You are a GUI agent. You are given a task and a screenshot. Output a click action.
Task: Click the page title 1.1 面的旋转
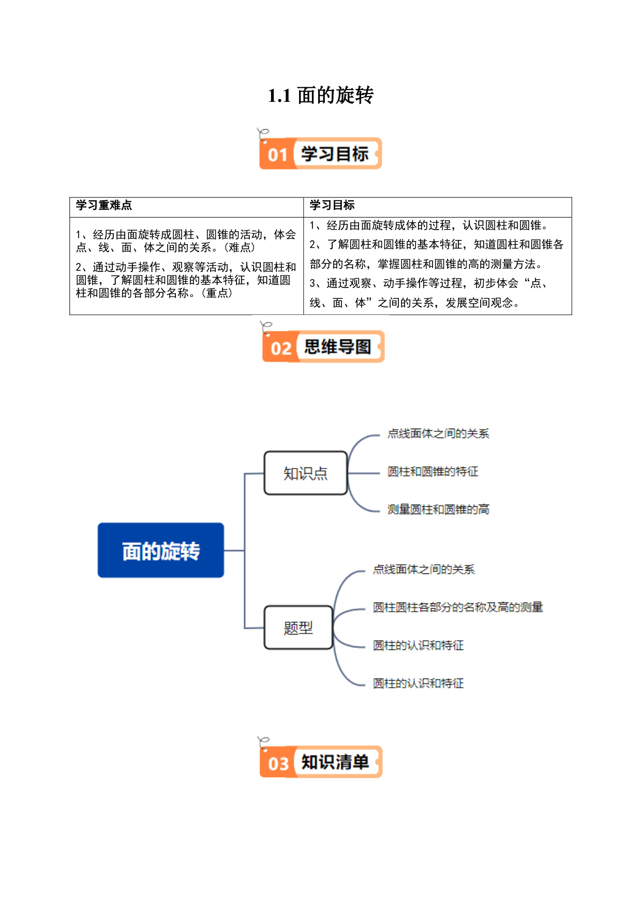(x=321, y=96)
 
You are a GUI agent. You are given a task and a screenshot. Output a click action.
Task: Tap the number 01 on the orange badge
(x=278, y=155)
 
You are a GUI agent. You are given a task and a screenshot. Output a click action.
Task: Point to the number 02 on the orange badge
(x=281, y=348)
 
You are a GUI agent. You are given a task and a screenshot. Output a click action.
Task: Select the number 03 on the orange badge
(x=278, y=763)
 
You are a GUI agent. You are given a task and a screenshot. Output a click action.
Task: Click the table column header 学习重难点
(x=104, y=205)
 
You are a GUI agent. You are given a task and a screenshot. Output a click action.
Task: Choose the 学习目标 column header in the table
(x=332, y=205)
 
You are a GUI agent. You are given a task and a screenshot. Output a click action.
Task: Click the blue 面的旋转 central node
(x=161, y=550)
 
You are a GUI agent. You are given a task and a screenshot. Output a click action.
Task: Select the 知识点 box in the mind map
(x=306, y=473)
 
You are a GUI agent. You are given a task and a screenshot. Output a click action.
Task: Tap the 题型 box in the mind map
(x=298, y=627)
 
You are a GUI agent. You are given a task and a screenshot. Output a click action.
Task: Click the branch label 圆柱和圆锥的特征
(x=433, y=472)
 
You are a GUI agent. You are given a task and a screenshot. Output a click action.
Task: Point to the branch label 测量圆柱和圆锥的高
(x=438, y=509)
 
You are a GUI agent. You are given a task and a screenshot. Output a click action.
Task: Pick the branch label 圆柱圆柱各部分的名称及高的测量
(x=458, y=607)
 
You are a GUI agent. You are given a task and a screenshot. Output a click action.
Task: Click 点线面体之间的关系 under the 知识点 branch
(x=438, y=433)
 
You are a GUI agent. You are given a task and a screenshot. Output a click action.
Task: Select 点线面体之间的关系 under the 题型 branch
(x=424, y=569)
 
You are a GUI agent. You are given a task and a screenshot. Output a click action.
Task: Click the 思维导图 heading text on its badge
(x=337, y=346)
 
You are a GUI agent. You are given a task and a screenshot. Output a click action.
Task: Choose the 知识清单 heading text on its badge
(x=335, y=762)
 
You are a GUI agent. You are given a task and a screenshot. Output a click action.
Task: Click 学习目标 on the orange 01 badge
(x=335, y=154)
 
